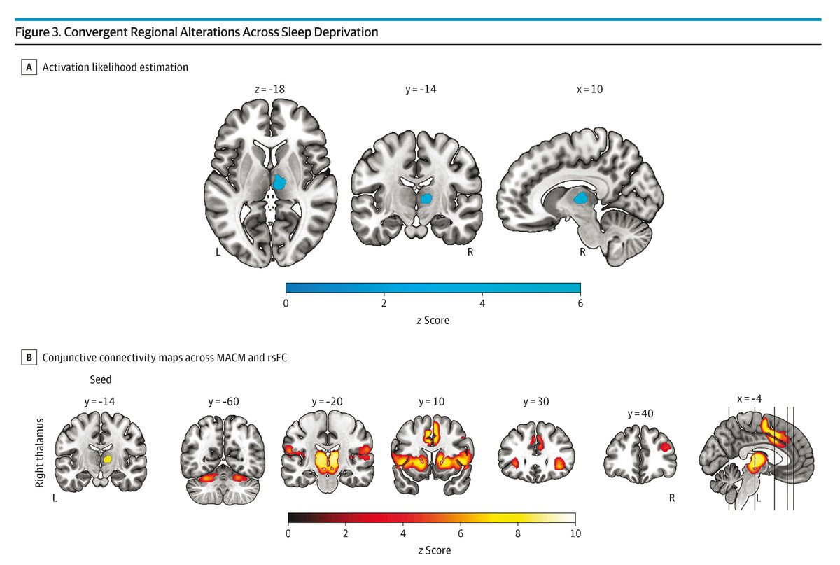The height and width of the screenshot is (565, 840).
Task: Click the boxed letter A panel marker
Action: [29, 67]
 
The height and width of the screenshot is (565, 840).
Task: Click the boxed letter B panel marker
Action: [29, 358]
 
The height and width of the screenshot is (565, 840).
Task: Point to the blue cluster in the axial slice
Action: [279, 183]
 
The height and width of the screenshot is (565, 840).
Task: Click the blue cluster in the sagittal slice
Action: [580, 198]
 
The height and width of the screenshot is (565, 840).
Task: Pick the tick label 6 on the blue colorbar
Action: [580, 303]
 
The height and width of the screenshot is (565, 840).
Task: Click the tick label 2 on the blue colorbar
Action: [384, 303]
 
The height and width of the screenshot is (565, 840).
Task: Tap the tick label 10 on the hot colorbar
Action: [575, 533]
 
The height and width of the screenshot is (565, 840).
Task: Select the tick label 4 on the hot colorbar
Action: [402, 533]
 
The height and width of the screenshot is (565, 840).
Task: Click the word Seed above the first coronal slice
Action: [100, 379]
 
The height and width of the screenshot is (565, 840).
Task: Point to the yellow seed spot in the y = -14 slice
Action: [107, 459]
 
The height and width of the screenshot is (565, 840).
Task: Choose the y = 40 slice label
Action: [639, 413]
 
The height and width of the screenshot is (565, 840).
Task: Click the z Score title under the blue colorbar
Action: [433, 320]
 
